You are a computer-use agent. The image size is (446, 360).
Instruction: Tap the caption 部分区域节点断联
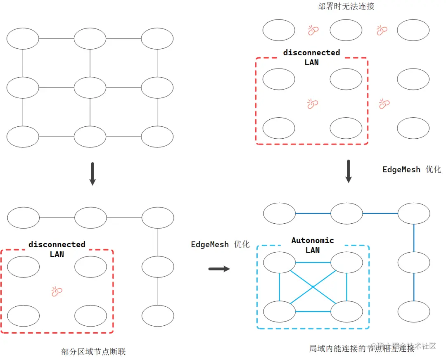[93, 352]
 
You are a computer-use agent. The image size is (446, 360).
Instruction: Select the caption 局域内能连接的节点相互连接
[362, 348]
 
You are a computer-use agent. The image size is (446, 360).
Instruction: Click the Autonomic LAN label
[313, 245]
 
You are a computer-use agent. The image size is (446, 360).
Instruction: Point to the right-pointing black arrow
[219, 269]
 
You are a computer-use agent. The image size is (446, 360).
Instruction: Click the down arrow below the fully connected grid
[93, 173]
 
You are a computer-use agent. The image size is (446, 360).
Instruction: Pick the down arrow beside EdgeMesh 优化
[349, 171]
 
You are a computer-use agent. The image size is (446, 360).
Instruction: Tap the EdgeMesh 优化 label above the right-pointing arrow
[220, 244]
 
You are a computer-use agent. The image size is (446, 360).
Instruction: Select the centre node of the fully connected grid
[90, 88]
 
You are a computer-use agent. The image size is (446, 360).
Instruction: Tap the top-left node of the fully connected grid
[23, 39]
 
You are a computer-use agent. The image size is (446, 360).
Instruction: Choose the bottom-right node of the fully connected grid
[157, 137]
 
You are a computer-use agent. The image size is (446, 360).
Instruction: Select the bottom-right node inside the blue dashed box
[346, 312]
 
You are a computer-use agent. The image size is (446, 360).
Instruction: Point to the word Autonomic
[313, 240]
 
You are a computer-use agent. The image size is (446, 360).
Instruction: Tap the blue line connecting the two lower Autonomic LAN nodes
[313, 312]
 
